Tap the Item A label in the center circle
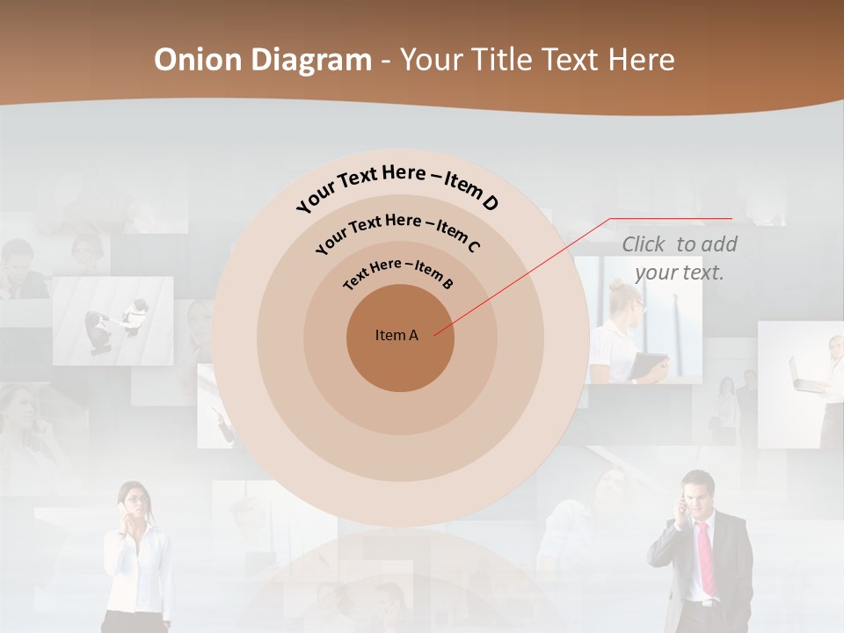[x=397, y=335]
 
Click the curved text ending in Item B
[x=398, y=272]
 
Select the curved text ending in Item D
[x=397, y=186]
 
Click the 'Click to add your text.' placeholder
[x=680, y=258]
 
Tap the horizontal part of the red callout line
[x=671, y=219]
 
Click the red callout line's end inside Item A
[x=435, y=334]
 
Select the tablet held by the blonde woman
[x=650, y=365]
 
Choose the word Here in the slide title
[x=634, y=60]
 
